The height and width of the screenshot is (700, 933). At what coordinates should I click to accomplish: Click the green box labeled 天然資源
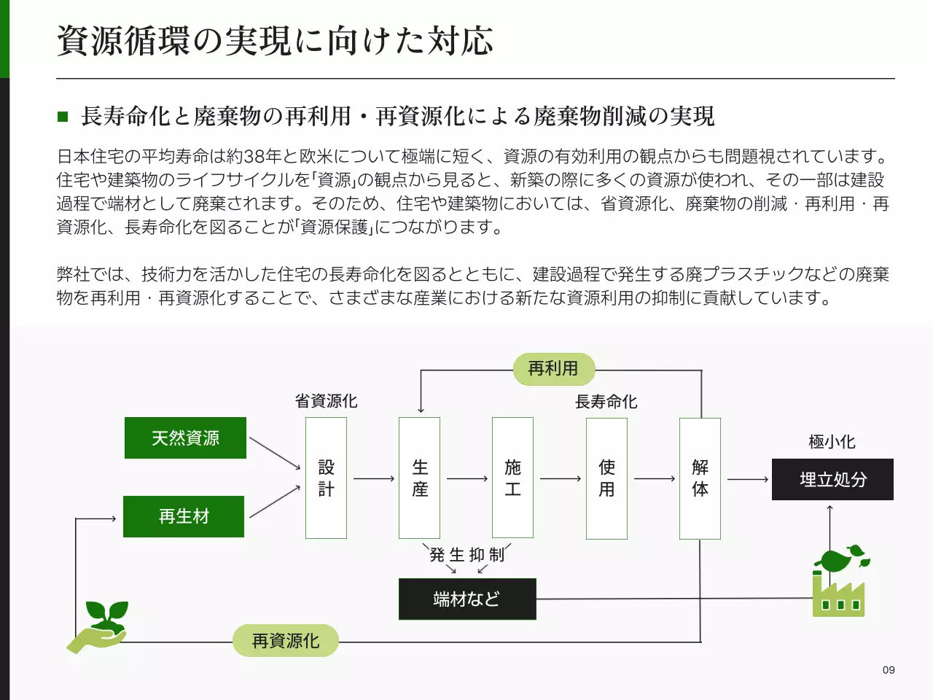click(x=185, y=437)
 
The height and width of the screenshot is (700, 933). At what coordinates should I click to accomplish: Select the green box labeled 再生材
click(x=184, y=516)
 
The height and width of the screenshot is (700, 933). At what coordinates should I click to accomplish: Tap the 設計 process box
click(x=326, y=478)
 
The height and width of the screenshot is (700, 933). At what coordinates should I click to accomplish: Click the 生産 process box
click(x=419, y=478)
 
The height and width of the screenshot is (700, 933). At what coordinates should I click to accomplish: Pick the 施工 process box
click(x=512, y=478)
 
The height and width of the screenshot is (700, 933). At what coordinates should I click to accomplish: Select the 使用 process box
click(x=606, y=478)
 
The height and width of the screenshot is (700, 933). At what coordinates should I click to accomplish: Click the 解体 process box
click(x=700, y=478)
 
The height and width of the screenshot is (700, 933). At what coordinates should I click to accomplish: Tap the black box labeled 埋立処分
click(x=832, y=479)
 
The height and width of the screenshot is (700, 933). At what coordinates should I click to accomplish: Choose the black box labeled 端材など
click(x=467, y=599)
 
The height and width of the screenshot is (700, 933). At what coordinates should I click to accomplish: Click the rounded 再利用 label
click(x=553, y=369)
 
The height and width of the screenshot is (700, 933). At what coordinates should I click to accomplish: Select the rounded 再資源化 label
click(x=286, y=641)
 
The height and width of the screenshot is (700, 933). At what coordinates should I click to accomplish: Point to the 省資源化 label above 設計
click(x=326, y=401)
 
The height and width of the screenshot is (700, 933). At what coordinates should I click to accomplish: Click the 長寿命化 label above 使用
click(x=606, y=402)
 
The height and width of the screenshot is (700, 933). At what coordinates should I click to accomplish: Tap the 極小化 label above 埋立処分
click(x=832, y=442)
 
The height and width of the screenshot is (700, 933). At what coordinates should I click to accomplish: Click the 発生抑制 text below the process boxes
click(x=467, y=555)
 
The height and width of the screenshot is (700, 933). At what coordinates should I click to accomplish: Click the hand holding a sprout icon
click(x=99, y=626)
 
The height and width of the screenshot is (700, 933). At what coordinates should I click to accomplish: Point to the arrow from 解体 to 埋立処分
click(x=747, y=479)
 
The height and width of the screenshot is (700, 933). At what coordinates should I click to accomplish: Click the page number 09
click(x=888, y=670)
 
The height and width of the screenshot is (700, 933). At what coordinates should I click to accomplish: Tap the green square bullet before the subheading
click(x=63, y=116)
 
